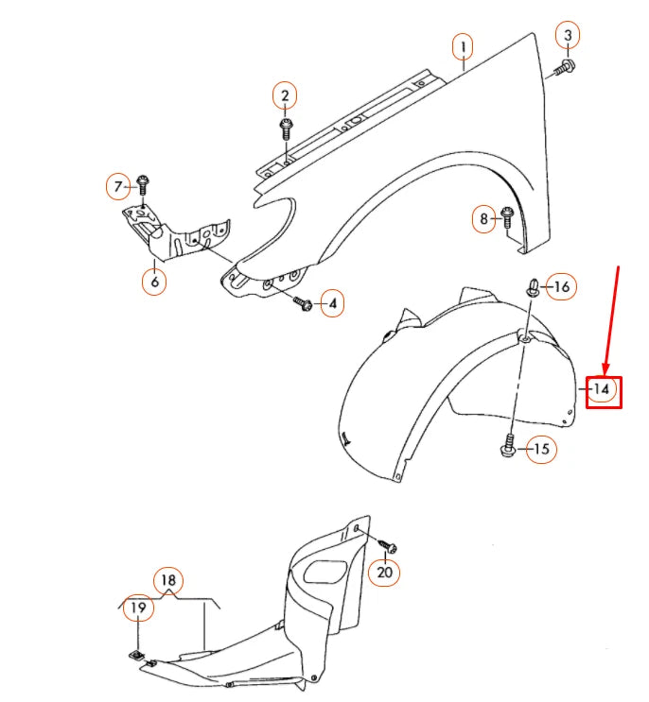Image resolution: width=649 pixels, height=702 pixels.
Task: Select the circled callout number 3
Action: (568, 36)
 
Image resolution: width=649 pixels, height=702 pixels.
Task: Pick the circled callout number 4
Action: (331, 304)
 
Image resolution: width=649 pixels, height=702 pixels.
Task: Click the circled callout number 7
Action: (118, 186)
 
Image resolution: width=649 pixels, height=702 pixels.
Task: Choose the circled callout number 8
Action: (484, 220)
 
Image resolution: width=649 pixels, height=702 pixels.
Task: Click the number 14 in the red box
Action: (603, 388)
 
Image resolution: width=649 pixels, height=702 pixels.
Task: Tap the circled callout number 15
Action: (541, 449)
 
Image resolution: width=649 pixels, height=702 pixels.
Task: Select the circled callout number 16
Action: (562, 285)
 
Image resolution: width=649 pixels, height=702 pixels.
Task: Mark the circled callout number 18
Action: (168, 580)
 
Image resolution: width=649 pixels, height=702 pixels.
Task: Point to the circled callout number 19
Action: (138, 608)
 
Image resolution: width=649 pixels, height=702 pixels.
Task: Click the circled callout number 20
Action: (383, 572)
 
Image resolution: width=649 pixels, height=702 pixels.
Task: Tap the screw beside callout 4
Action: (305, 303)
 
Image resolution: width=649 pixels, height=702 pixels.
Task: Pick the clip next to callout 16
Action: (534, 286)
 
